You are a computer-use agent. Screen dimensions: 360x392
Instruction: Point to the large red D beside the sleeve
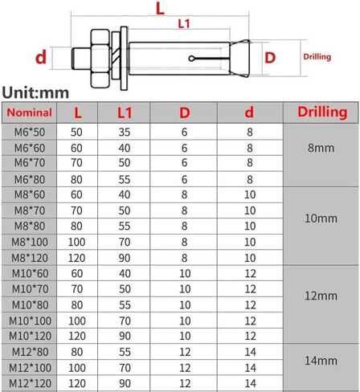click(270, 58)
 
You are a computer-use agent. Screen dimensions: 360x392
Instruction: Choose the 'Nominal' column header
click(32, 112)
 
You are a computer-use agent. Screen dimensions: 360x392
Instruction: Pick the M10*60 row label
click(33, 273)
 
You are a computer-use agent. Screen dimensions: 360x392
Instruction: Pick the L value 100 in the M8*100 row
click(77, 242)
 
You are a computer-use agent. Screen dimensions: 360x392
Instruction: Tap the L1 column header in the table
click(125, 112)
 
